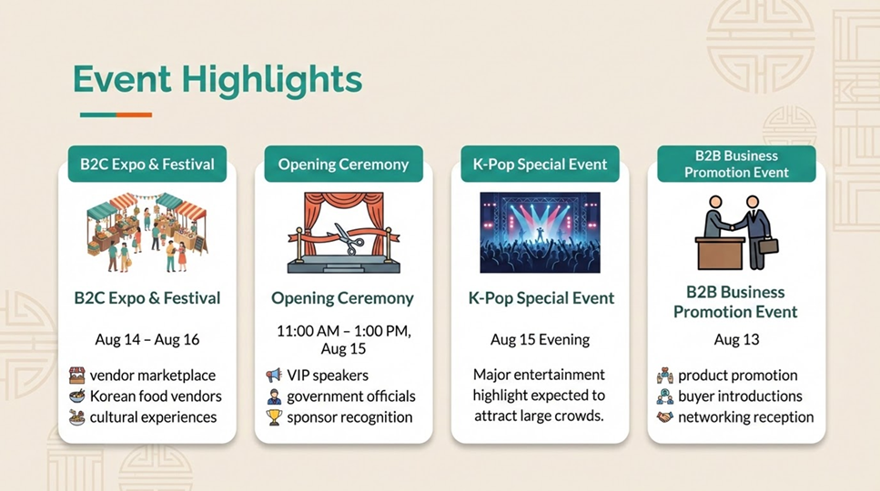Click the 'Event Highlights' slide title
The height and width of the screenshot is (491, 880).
point(217,80)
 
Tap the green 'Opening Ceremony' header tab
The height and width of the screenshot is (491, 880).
point(343,164)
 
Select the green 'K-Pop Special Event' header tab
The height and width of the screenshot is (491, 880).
point(540,164)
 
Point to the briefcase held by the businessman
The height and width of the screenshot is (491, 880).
point(770,246)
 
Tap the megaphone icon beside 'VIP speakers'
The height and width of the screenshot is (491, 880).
point(274,375)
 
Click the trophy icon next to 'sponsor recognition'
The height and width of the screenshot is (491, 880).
point(274,417)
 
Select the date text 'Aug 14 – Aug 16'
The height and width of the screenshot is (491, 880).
point(147,340)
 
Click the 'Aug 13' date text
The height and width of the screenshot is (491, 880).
point(736,340)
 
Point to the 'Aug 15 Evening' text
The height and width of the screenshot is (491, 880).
point(540,340)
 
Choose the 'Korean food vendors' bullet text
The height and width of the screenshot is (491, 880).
point(156,396)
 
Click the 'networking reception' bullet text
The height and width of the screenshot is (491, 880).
point(746,417)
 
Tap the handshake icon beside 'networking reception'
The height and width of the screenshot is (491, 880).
point(665,417)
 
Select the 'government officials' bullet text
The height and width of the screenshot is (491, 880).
point(351,396)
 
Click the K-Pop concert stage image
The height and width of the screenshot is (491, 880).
point(540,232)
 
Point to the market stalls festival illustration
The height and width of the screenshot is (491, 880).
point(147,232)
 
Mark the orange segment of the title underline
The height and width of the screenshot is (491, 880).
point(134,115)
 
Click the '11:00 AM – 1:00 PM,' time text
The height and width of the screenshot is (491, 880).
point(343,331)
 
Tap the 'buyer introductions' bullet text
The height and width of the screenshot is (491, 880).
point(740,396)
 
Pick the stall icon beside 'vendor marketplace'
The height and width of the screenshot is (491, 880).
point(76,375)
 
